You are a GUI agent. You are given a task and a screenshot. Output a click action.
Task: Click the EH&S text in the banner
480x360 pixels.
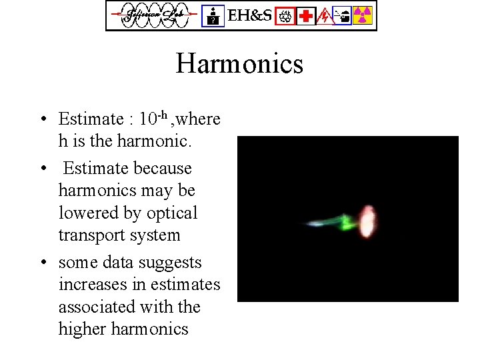(250, 15)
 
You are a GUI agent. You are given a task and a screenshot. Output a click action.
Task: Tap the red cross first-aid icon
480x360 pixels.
(306, 15)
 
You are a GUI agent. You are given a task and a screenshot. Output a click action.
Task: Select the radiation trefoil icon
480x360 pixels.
(362, 15)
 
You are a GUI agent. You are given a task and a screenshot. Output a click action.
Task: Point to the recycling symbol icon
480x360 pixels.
(286, 15)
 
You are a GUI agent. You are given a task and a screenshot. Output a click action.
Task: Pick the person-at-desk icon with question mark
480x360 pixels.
(213, 15)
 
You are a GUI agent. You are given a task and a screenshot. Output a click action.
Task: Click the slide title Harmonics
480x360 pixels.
(239, 64)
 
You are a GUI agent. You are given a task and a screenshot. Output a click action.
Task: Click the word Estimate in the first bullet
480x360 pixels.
(91, 119)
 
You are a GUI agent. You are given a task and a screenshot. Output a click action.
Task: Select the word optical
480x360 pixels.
(172, 213)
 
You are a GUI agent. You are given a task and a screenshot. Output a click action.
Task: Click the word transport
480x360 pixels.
(87, 235)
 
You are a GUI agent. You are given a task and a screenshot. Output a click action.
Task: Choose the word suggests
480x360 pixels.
(173, 263)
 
